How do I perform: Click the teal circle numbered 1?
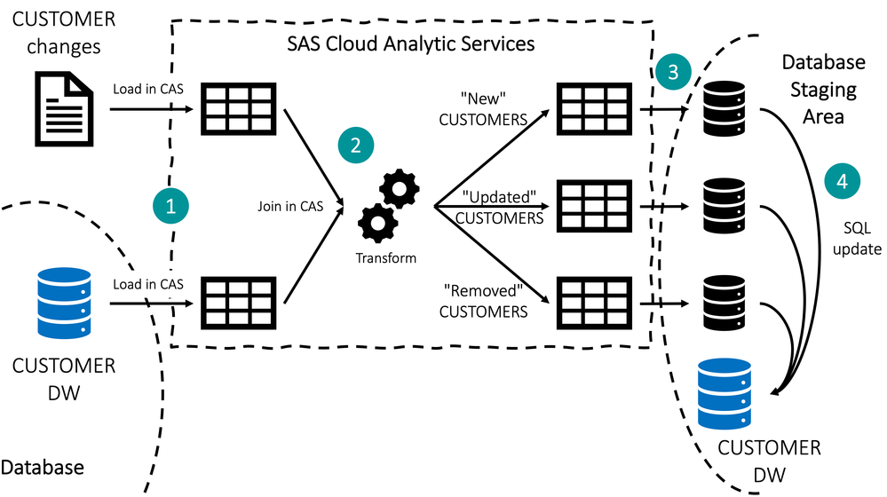(x=170, y=205)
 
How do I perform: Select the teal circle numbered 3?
(x=673, y=72)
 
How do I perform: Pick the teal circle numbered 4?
(x=842, y=181)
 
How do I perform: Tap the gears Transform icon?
(x=387, y=209)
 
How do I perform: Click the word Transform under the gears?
(x=386, y=258)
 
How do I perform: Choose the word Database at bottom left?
(x=43, y=467)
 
